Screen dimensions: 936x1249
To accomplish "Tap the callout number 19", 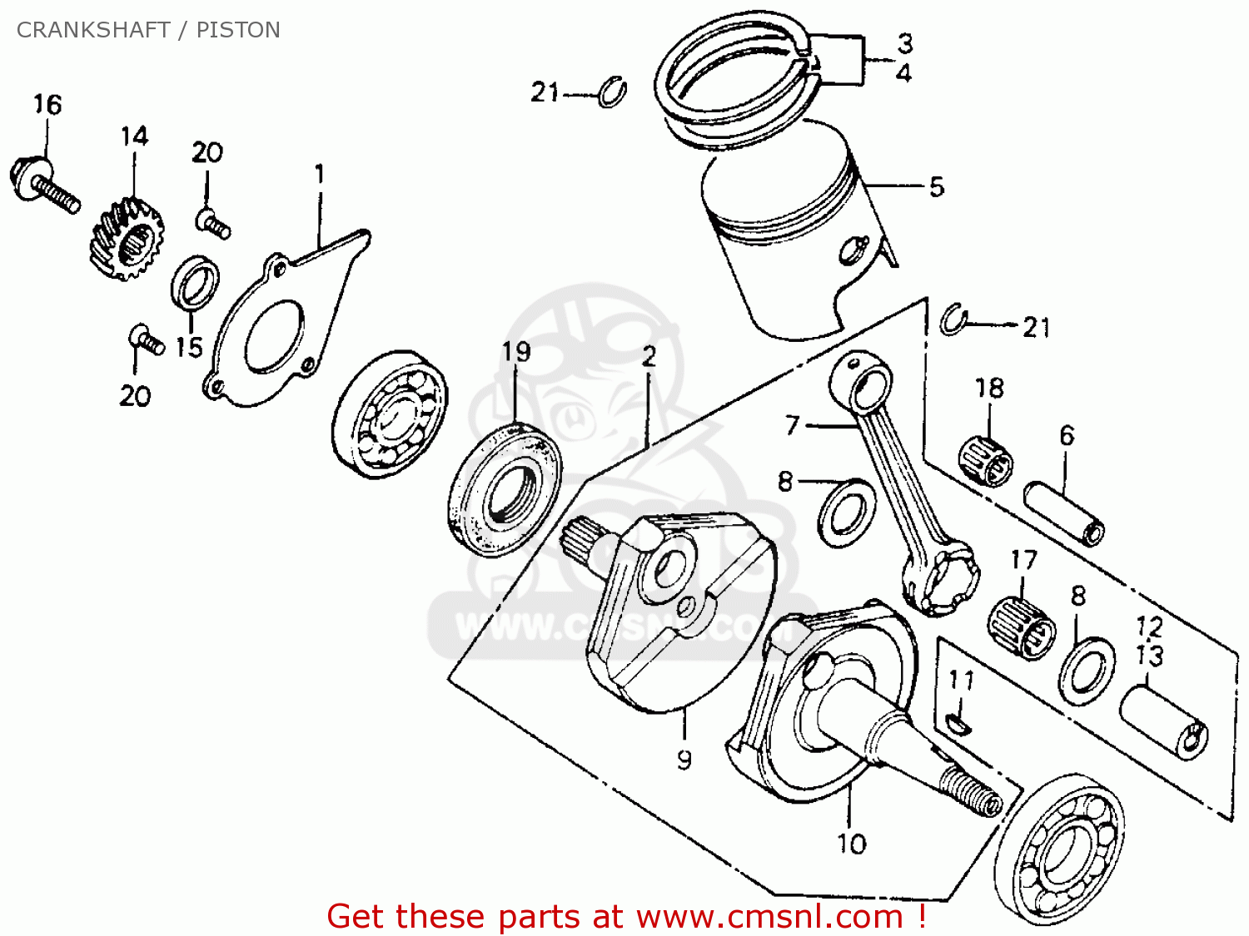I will point(516,352).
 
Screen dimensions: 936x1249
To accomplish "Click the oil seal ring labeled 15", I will point(196,284).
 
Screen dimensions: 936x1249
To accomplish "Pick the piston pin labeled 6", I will point(1064,513).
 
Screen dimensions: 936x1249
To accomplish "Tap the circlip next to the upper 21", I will point(613,92).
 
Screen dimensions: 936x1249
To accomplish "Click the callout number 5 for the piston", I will point(937,187).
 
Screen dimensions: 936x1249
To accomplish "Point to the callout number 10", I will point(852,844).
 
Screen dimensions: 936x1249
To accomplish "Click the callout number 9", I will point(684,760).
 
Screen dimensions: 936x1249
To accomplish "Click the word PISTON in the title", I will point(238,30).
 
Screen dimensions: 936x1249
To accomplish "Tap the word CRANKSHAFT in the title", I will point(93,30).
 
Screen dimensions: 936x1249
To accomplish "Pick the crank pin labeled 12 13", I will point(1162,721).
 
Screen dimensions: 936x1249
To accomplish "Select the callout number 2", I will point(649,358).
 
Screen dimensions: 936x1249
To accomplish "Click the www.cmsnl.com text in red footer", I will point(769,917).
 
